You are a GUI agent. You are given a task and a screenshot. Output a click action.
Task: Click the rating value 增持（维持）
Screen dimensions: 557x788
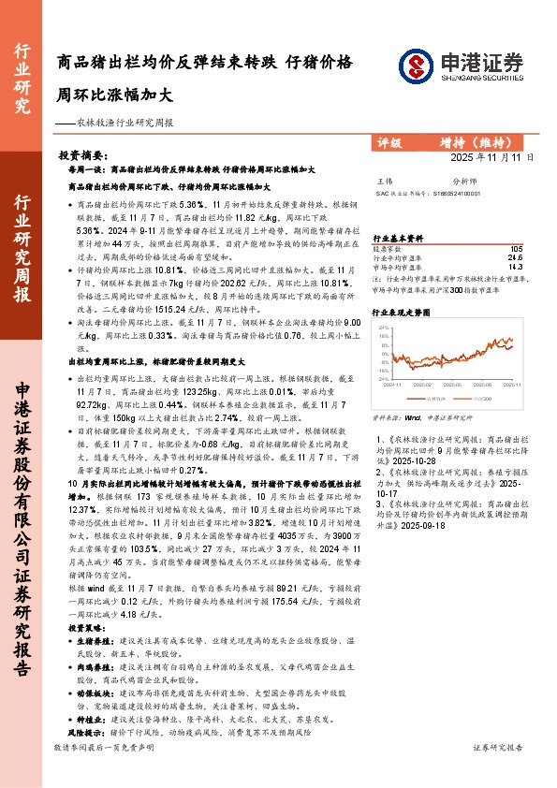477,143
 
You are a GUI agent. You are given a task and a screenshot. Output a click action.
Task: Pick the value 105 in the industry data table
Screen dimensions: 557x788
516,249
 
